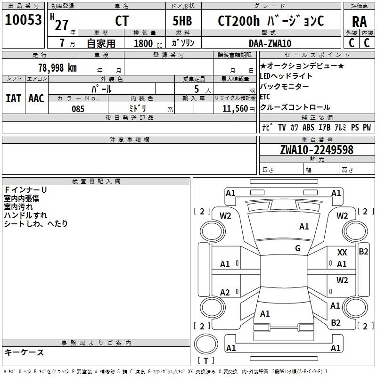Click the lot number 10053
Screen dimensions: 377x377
coord(24,20)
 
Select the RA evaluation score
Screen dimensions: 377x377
coord(359,21)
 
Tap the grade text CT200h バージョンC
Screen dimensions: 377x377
coord(271,21)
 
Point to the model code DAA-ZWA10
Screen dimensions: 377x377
coord(270,43)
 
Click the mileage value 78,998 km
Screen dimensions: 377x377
coord(57,67)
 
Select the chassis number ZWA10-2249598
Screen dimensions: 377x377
coord(317,150)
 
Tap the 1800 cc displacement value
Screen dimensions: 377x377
coord(144,43)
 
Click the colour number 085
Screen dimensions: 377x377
coord(78,109)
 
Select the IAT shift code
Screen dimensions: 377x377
coord(13,98)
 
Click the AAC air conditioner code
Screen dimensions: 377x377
coord(36,98)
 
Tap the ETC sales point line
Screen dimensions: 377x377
coord(265,97)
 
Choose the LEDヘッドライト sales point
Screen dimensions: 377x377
coord(286,76)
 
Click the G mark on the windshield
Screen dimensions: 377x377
coord(297,248)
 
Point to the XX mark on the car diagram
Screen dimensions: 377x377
coord(342,253)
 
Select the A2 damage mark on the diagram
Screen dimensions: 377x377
coord(225,293)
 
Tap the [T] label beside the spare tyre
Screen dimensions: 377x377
coord(206,361)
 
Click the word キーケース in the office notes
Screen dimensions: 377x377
coord(24,352)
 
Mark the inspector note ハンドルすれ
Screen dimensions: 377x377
coord(25,215)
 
